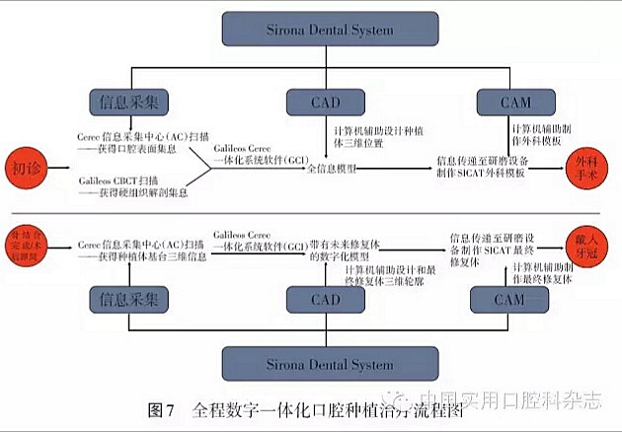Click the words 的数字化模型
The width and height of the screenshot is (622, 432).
pos(340,255)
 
